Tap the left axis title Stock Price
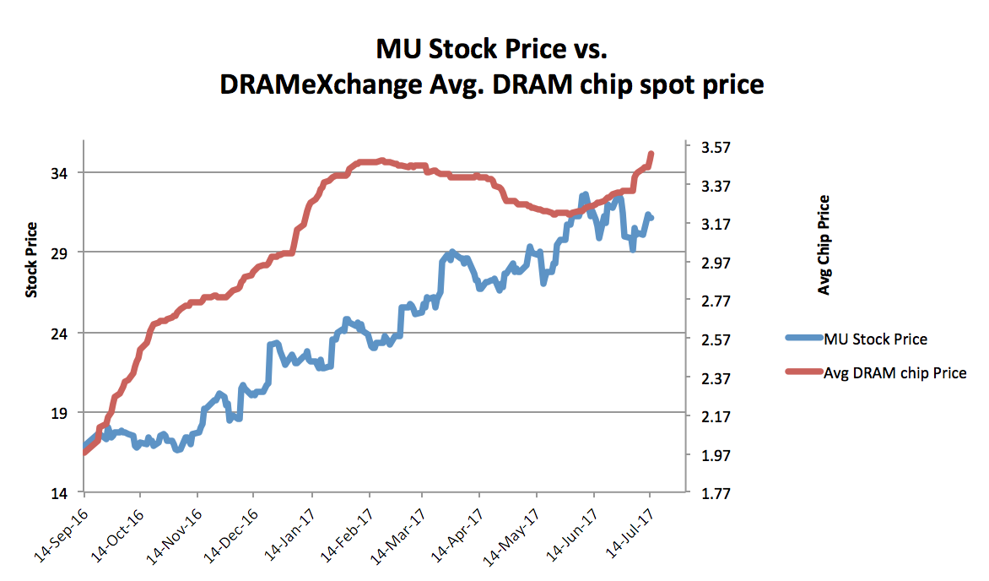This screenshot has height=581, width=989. pos(31,260)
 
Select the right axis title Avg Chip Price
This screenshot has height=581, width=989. pos(824,245)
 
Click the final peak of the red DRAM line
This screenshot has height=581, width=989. pos(651,155)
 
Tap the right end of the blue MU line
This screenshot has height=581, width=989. pos(651,218)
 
